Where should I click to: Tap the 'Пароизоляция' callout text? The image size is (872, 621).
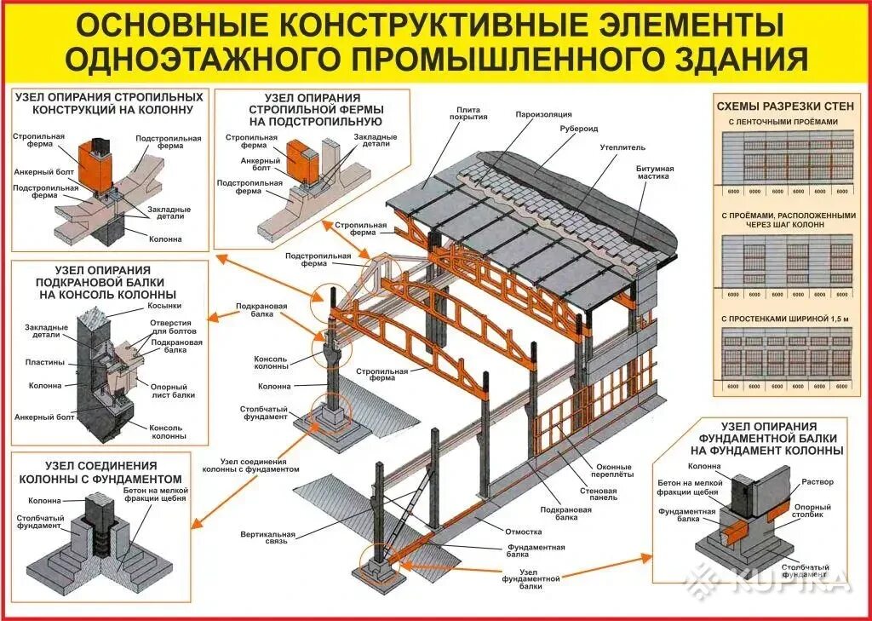[x=542, y=113]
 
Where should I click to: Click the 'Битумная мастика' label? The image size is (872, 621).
[x=655, y=173]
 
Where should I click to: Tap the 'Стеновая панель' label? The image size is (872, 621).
[x=599, y=494]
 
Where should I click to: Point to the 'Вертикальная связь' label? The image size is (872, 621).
[x=267, y=539]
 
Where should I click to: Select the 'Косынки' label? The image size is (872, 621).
[x=164, y=305]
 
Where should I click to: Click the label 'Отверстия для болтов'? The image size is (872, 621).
[x=174, y=326]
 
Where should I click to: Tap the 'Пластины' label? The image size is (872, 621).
[x=44, y=362]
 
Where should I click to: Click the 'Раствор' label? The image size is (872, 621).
[x=817, y=482]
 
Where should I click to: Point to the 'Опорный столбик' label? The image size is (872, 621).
[x=812, y=510]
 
